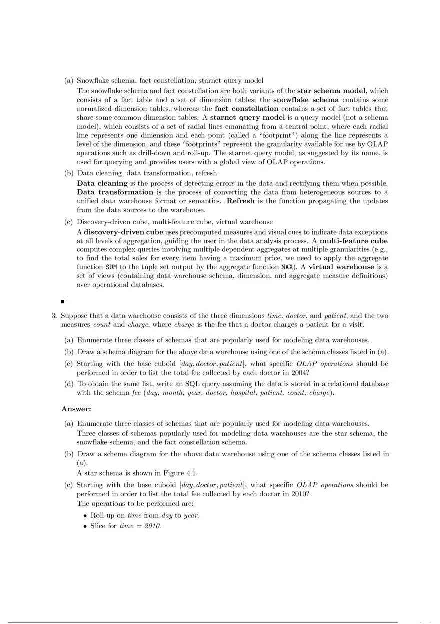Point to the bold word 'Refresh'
[x=241, y=201]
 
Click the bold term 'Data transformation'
[x=115, y=192]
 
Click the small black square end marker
[x=62, y=302]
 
